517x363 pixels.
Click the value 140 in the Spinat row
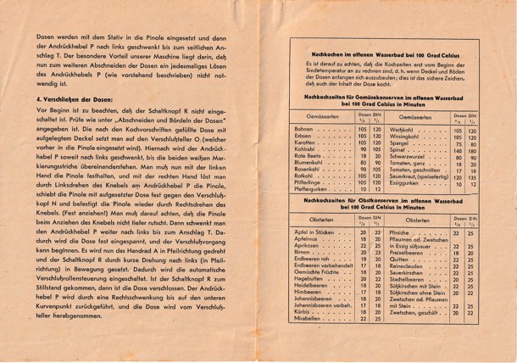(459, 150)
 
